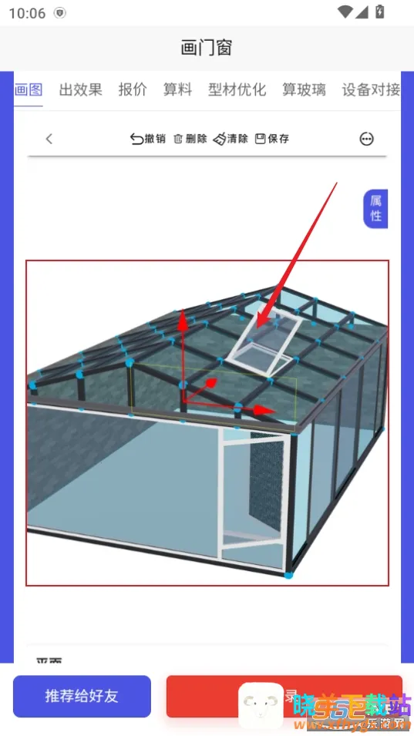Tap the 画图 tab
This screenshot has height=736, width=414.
[29, 89]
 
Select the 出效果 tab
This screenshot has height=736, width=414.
[81, 89]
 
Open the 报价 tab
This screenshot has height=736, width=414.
[133, 89]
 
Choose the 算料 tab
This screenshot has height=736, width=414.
[177, 89]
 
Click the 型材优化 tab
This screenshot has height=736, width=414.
[237, 89]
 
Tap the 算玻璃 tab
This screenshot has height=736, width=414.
[304, 89]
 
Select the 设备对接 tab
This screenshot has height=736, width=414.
[371, 89]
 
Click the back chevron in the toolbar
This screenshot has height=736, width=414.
[49, 139]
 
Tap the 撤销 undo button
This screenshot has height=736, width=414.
[148, 139]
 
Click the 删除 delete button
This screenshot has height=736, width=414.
[190, 139]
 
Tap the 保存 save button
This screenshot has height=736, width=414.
[272, 139]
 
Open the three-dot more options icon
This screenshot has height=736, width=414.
[367, 139]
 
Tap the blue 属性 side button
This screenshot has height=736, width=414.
[375, 209]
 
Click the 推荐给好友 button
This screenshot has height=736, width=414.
[82, 696]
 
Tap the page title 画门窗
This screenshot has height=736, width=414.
[207, 48]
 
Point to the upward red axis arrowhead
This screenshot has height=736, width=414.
[183, 319]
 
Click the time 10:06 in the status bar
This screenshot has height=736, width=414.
[26, 12]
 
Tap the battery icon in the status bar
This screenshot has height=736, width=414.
[379, 12]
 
